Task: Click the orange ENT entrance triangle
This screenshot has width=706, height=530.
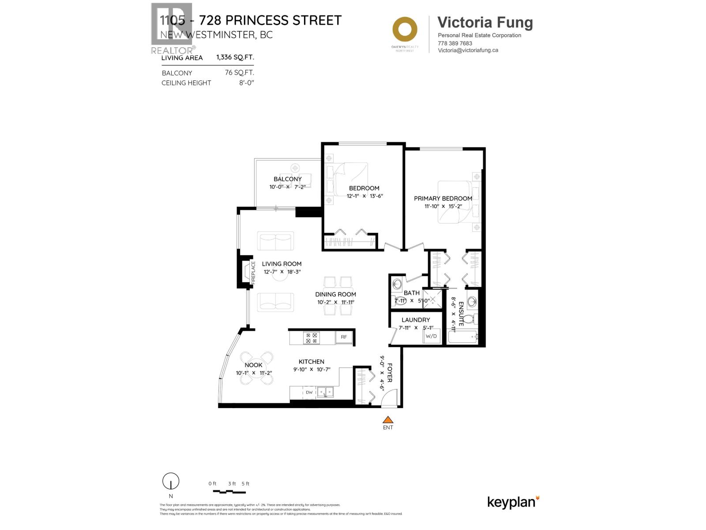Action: click(x=387, y=420)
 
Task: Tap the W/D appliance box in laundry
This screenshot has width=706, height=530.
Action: click(x=431, y=336)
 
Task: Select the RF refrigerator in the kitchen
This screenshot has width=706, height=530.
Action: click(x=344, y=337)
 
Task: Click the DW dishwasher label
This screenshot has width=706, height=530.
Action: click(x=309, y=392)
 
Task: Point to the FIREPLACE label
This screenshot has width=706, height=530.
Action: click(x=253, y=272)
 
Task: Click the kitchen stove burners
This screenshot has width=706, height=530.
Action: click(x=311, y=338)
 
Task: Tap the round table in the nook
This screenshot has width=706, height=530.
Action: click(x=256, y=367)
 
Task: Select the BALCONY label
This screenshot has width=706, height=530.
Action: click(x=288, y=179)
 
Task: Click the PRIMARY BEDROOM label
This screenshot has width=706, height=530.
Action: click(x=443, y=198)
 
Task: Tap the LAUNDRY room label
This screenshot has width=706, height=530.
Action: click(x=415, y=320)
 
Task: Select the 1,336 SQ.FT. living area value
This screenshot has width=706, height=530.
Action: click(x=235, y=57)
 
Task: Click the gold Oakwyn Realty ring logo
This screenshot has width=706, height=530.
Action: click(x=405, y=30)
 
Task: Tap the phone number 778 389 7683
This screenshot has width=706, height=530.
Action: click(x=454, y=43)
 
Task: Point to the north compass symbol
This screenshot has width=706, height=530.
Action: click(x=171, y=481)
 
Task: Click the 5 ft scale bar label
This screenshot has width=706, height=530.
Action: click(x=245, y=484)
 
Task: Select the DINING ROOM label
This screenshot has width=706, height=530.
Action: click(x=335, y=294)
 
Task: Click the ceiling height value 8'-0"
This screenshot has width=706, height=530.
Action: click(x=247, y=83)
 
